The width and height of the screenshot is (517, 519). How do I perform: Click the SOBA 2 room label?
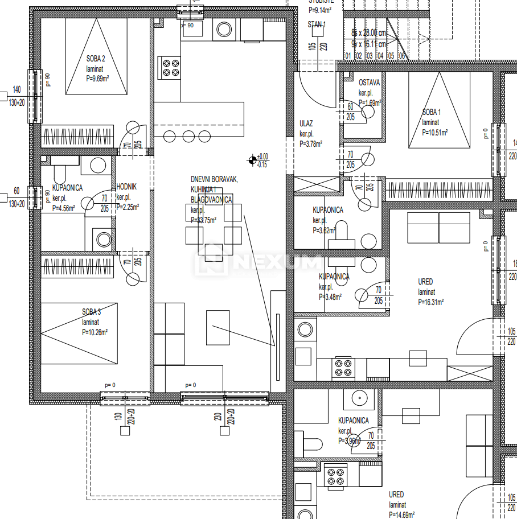[96, 58]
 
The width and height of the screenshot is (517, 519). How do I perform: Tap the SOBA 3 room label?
[91, 311]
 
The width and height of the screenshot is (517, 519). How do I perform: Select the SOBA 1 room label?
[431, 112]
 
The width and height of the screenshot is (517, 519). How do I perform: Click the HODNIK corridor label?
[126, 187]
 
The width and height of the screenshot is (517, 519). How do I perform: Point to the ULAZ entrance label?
[306, 123]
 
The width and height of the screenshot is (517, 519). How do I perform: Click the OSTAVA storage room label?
[369, 83]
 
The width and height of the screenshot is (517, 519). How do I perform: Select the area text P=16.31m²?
[430, 302]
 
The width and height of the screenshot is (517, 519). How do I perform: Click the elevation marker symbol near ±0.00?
[252, 160]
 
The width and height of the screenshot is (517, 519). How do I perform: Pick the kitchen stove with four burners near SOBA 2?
[169, 68]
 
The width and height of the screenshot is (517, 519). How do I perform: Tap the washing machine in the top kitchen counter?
[221, 30]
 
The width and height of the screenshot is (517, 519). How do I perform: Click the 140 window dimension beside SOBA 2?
[17, 89]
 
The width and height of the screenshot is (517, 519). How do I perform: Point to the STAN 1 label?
[317, 25]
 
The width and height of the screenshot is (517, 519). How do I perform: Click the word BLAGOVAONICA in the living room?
[211, 200]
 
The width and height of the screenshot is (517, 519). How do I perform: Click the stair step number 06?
[401, 56]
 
